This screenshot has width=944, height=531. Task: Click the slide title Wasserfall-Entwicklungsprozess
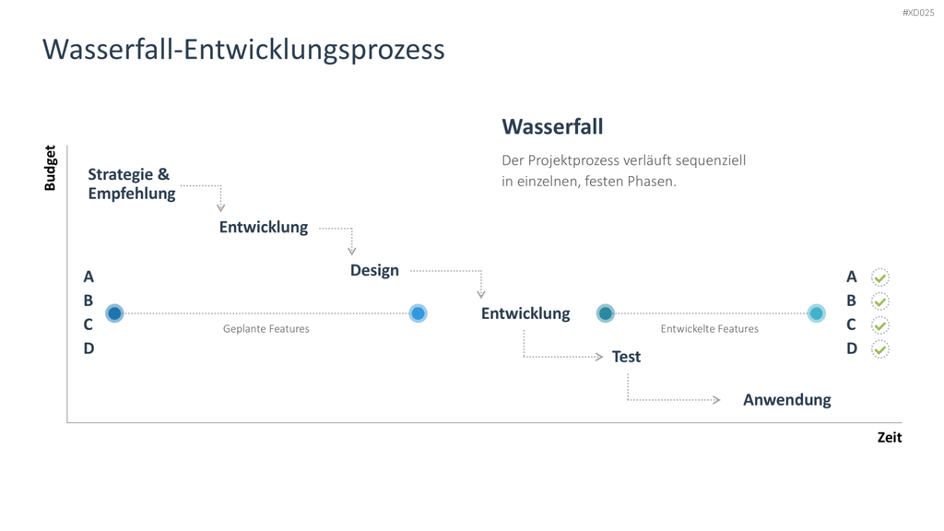point(243,50)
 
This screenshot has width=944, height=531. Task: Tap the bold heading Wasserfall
point(552,126)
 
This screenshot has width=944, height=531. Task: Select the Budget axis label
point(50,168)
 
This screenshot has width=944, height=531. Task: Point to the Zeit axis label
point(890,438)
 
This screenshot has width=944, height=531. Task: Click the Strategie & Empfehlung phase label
point(131,183)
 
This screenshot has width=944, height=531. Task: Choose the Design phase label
point(374,270)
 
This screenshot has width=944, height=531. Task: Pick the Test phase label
point(626,357)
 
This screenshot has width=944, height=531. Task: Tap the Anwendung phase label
point(787,400)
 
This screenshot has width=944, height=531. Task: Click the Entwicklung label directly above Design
point(263,227)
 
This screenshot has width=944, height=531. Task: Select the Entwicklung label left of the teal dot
point(525,313)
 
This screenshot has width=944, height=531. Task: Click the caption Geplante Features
point(266,329)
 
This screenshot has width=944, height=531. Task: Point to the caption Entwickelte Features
point(709,329)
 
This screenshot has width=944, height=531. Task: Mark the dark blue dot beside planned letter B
point(114,313)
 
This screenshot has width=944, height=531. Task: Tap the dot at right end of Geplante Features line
point(418,313)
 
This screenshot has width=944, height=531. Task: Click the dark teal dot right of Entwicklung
point(606,313)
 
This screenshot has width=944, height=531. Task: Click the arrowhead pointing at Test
point(599,357)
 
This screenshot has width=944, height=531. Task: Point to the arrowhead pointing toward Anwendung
point(716,400)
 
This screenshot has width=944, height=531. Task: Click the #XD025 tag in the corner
point(918,13)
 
